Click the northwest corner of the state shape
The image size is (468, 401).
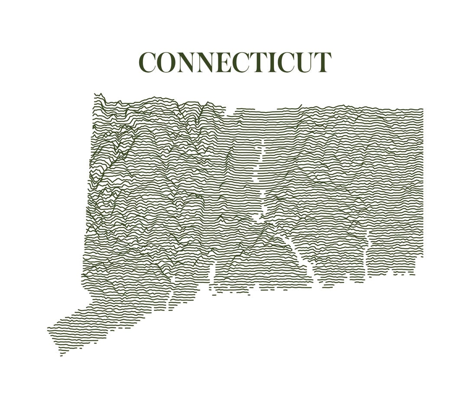point(95,94)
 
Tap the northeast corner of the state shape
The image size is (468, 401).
point(422,109)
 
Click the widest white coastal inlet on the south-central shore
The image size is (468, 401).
point(212,277)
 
